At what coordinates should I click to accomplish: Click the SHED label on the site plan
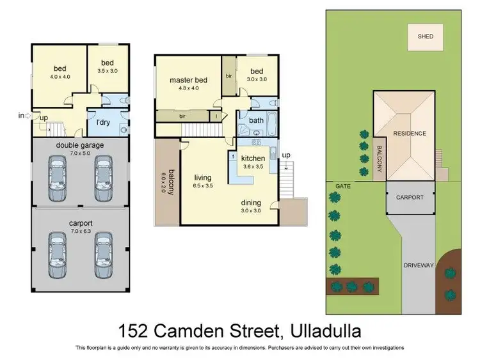tap(426, 36)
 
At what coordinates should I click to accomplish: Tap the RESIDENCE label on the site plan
tap(410, 134)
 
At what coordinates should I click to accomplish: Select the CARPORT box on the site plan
tap(410, 198)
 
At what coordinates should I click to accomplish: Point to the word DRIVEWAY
tap(419, 265)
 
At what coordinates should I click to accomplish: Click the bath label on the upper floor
tap(256, 120)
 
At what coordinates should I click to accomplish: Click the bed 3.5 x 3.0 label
tap(108, 67)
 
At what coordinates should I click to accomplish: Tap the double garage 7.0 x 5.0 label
tap(80, 149)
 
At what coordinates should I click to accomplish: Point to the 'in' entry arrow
tap(25, 116)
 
